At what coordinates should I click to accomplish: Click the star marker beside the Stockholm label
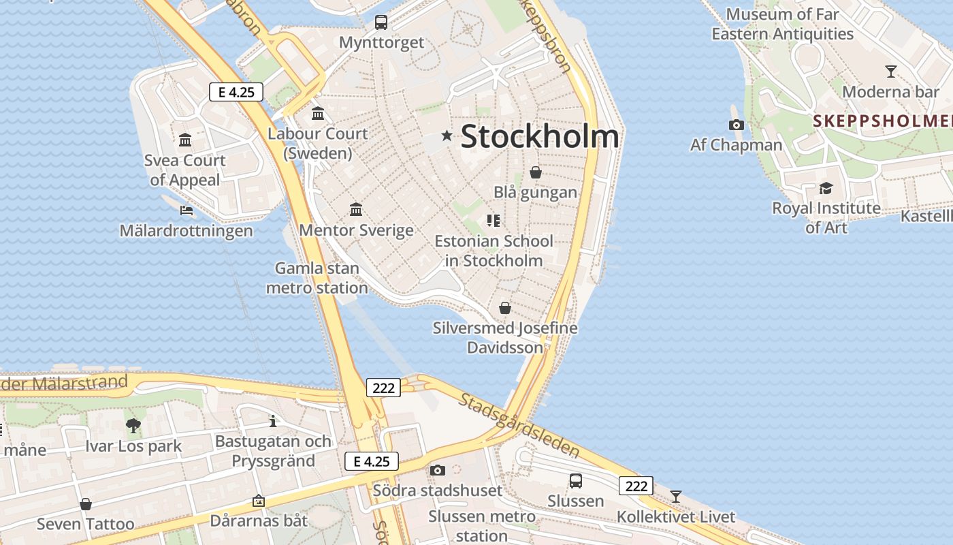(447, 136)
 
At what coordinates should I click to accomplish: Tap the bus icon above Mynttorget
(381, 22)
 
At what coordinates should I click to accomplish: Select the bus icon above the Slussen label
(575, 481)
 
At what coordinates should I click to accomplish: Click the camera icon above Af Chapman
(736, 125)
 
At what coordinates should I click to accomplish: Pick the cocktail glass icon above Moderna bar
(890, 71)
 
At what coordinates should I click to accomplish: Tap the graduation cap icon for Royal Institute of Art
(826, 188)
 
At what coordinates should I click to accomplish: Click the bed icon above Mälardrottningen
(186, 211)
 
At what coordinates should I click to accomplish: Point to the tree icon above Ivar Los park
(133, 426)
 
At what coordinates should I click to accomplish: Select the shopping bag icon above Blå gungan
(536, 172)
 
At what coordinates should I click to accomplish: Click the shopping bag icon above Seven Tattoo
(86, 504)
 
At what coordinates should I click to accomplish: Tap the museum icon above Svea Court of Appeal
(185, 140)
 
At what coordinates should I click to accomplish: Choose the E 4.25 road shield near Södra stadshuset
(372, 461)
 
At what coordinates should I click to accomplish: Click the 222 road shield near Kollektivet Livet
(636, 486)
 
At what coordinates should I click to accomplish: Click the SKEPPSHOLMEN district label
(882, 121)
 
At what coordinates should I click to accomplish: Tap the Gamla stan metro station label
(317, 278)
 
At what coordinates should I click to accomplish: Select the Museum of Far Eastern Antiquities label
(782, 24)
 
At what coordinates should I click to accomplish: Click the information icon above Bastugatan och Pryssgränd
(273, 421)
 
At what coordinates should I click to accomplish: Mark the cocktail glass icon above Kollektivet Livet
(675, 496)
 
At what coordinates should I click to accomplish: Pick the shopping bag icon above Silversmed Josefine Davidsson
(504, 308)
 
